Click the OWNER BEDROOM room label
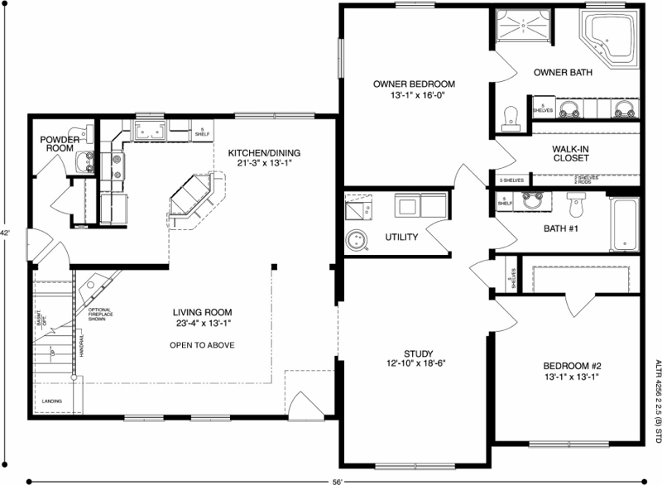tap(415, 84)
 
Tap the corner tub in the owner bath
tap(611, 39)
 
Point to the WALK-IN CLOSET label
tap(570, 153)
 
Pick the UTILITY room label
tap(401, 238)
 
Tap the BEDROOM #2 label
tap(571, 366)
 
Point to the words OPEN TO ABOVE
tap(204, 345)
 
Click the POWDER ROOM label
tap(59, 144)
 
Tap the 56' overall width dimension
tap(337, 479)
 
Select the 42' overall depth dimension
tap(5, 233)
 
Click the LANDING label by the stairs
tap(50, 402)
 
